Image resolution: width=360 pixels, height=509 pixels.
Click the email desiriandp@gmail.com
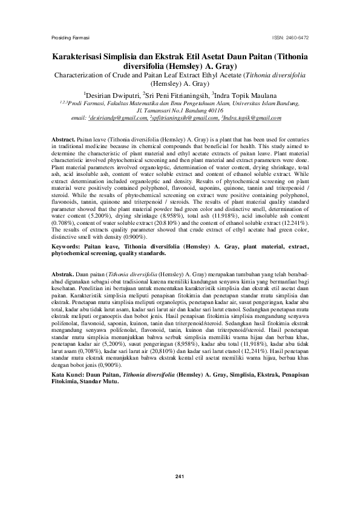click(x=119, y=118)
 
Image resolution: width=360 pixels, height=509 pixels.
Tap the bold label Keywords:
click(x=68, y=229)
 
